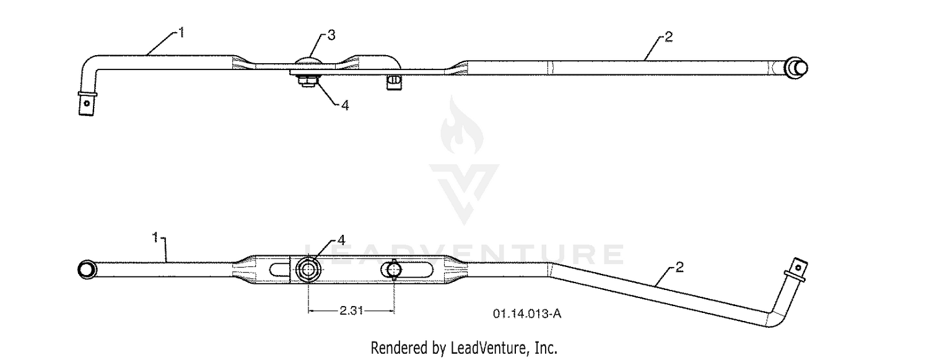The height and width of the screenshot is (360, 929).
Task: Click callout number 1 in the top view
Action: point(181,32)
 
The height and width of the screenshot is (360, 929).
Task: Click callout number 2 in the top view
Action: point(668,37)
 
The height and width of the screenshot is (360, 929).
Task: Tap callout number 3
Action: point(331,35)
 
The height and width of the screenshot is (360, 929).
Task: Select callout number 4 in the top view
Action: point(345,106)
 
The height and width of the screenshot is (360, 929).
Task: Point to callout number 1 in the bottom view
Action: point(155,238)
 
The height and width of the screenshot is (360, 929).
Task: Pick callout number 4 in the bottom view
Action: point(341,240)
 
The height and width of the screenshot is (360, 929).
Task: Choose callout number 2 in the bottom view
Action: point(679,268)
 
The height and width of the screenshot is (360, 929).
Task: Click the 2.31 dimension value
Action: point(351,310)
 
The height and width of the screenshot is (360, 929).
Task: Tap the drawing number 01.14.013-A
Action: point(526,314)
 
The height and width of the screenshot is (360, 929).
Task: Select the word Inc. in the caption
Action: point(547,348)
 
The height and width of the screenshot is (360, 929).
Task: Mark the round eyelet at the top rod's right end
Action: point(796,68)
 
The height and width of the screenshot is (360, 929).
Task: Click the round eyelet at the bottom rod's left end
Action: point(87,270)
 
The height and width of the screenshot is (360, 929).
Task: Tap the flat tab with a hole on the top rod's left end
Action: point(86,103)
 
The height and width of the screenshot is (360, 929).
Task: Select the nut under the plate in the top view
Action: point(307,81)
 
